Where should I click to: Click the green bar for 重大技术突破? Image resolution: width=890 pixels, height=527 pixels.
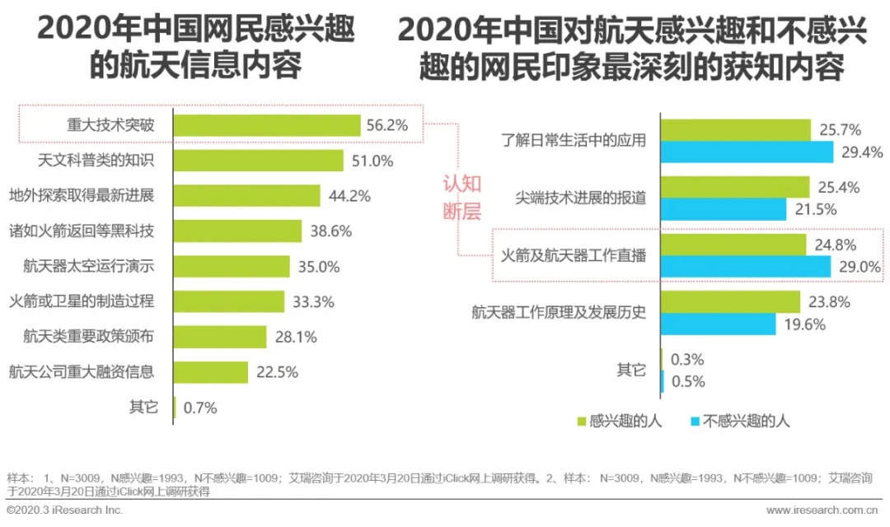pyautogui.click(x=267, y=125)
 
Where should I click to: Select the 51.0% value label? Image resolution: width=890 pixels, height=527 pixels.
pyautogui.click(x=372, y=161)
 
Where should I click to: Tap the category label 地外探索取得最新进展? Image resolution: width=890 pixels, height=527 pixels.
pyautogui.click(x=82, y=196)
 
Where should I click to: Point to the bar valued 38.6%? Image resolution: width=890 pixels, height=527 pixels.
pyautogui.click(x=238, y=231)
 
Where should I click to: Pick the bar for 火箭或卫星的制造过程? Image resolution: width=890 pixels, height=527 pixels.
pyautogui.click(x=229, y=301)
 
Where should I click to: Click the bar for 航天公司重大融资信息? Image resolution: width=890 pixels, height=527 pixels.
pyautogui.click(x=211, y=372)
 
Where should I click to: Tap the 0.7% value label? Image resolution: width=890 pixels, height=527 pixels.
pyautogui.click(x=199, y=408)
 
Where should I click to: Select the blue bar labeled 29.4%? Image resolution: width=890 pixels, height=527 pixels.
pyautogui.click(x=750, y=152)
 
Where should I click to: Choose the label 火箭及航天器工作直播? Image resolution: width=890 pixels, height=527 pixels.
pyautogui.click(x=574, y=255)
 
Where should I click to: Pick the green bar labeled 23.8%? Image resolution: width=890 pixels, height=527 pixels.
pyautogui.click(x=730, y=301)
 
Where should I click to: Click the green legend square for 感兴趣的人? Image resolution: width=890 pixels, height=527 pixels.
pyautogui.click(x=582, y=421)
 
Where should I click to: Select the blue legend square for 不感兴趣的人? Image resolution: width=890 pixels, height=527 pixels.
pyautogui.click(x=694, y=421)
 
